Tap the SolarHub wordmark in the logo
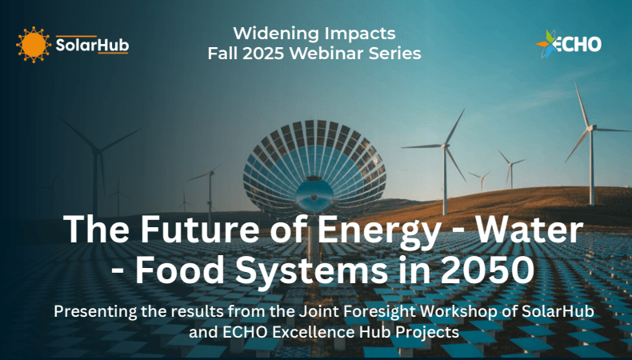[91, 46]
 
